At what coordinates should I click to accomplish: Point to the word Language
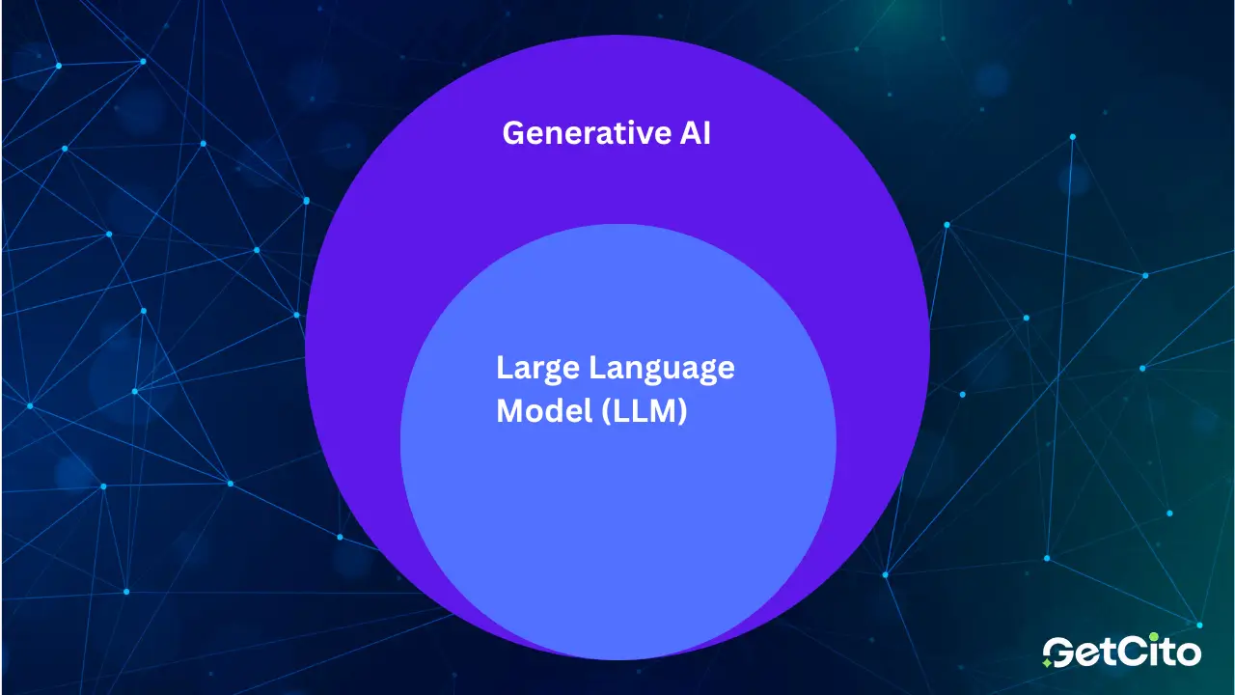point(661,369)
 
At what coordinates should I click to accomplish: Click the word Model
point(538,411)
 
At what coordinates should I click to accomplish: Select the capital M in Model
point(509,411)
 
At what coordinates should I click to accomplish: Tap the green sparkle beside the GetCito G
point(1047,663)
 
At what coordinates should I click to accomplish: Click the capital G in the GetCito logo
point(1061,652)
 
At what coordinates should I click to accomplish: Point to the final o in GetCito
point(1188,653)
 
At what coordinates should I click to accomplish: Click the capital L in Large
point(503,368)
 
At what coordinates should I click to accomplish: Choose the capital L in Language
point(595,368)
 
